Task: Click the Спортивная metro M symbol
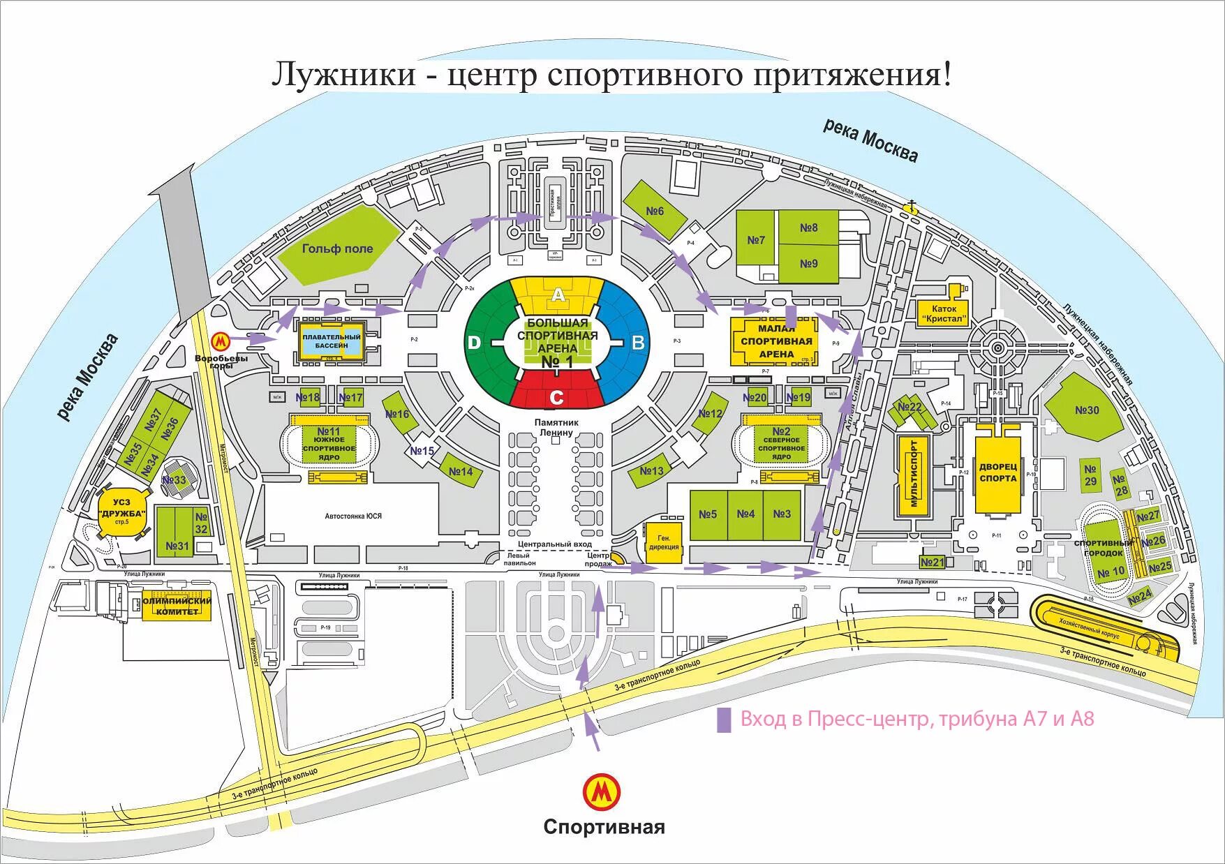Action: click(x=601, y=791)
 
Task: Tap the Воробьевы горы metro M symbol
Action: click(x=220, y=342)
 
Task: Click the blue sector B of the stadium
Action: click(x=631, y=342)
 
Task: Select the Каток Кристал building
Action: click(x=944, y=313)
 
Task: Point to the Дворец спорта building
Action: click(x=997, y=472)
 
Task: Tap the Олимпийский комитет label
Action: click(x=177, y=606)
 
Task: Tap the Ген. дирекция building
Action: click(x=663, y=542)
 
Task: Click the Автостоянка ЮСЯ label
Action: click(x=353, y=516)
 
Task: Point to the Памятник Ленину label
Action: click(x=556, y=427)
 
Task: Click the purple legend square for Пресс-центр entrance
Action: click(x=724, y=720)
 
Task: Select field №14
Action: click(x=461, y=472)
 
